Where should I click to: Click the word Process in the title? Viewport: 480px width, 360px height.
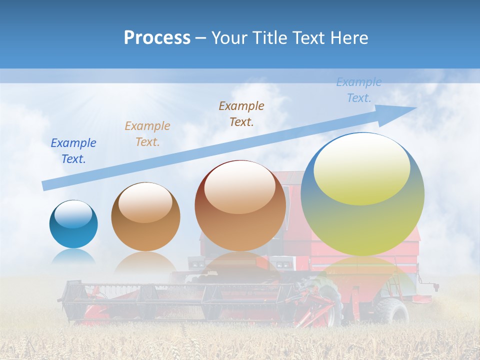click(x=157, y=38)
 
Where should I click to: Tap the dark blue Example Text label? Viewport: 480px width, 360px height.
click(x=73, y=151)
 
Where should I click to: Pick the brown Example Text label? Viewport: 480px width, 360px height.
click(x=241, y=113)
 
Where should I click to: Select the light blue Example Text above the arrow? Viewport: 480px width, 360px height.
click(x=359, y=90)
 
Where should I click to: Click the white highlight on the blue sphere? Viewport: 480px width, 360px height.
click(x=73, y=214)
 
